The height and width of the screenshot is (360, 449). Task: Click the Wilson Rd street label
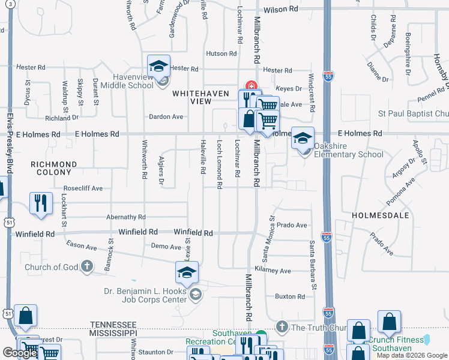pyautogui.click(x=280, y=10)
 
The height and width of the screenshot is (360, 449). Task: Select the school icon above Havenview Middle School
pyautogui.click(x=159, y=66)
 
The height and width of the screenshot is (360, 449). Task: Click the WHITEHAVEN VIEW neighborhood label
pyautogui.click(x=192, y=98)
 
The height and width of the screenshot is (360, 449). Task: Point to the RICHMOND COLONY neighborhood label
pyautogui.click(x=54, y=168)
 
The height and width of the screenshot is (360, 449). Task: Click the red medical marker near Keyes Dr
pyautogui.click(x=251, y=86)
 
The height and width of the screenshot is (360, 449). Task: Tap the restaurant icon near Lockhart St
pyautogui.click(x=41, y=203)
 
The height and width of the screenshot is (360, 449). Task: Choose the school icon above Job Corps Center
pyautogui.click(x=187, y=274)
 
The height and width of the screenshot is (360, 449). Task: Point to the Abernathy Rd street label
pyautogui.click(x=125, y=217)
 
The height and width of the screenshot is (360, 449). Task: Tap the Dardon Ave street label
pyautogui.click(x=166, y=116)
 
